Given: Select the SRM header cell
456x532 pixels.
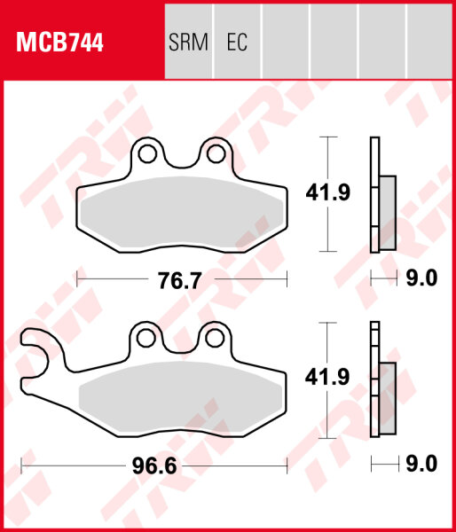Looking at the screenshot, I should tap(187, 43).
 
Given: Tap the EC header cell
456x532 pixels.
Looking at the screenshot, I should tap(237, 43).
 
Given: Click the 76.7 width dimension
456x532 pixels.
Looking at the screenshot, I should tap(175, 280).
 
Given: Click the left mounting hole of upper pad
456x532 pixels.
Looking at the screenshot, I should tap(147, 155).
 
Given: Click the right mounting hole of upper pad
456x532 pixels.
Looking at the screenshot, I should tap(215, 155).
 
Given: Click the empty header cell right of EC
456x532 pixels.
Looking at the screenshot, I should tap(286, 43).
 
